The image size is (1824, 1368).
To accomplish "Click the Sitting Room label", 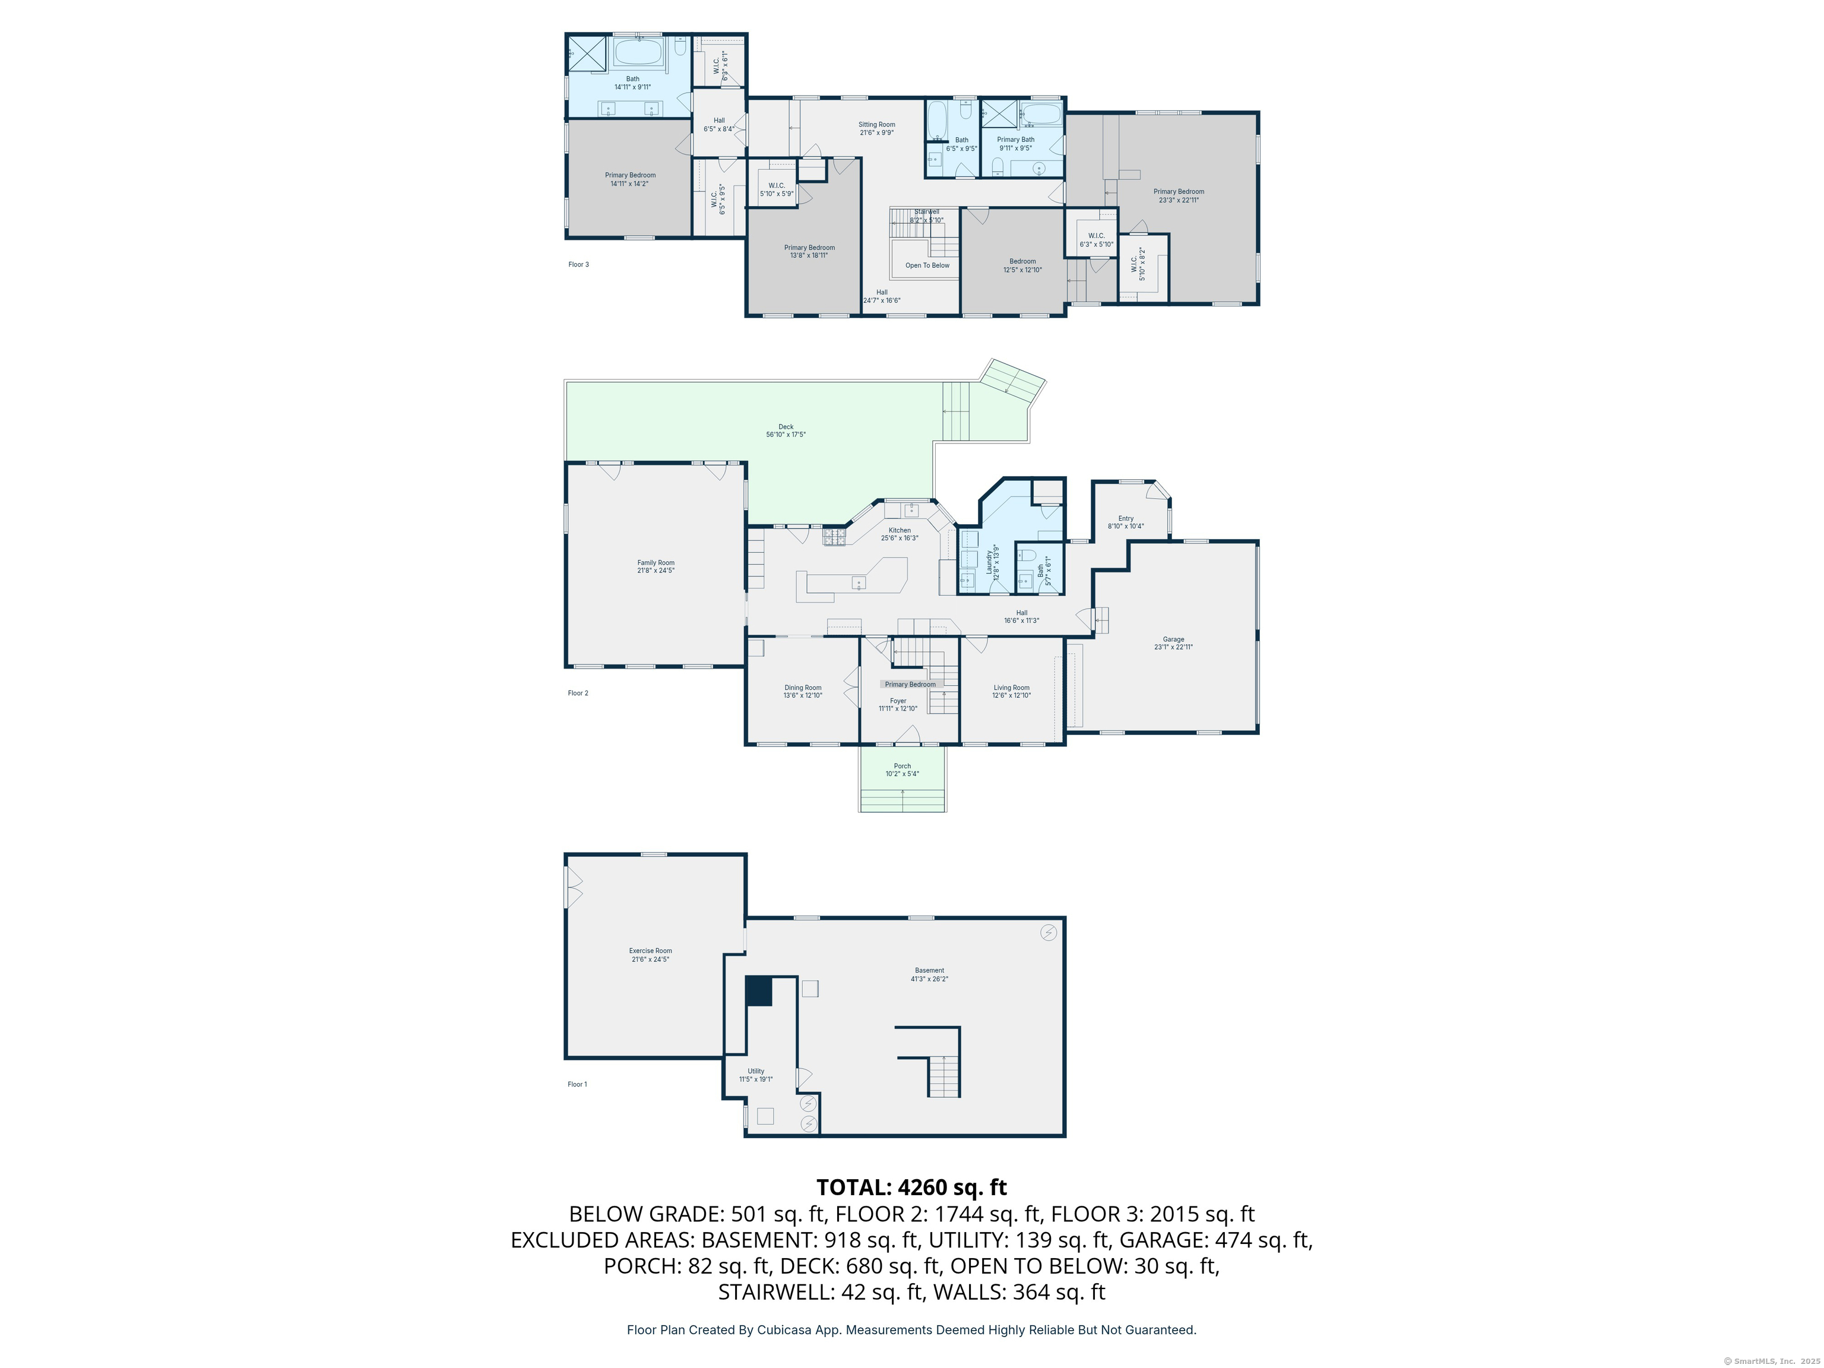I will (876, 125).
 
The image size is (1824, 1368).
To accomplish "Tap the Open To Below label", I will (927, 265).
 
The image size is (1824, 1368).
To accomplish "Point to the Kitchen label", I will (899, 530).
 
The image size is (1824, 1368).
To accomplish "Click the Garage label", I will (1173, 639).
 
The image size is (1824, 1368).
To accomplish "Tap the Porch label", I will (902, 766).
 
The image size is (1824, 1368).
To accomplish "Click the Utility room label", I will (755, 1071).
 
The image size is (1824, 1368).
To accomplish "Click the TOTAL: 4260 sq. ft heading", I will (911, 1187).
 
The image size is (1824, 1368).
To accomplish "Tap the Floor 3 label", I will (578, 265).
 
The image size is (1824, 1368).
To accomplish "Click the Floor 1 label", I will (577, 1084).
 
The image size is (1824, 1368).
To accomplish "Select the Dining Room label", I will (802, 688).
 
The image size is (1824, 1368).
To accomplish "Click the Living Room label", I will (1011, 688).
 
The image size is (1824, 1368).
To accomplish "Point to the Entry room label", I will (1126, 519).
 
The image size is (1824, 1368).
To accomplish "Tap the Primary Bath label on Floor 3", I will (1015, 140).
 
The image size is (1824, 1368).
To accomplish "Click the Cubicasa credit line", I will (911, 1329).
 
